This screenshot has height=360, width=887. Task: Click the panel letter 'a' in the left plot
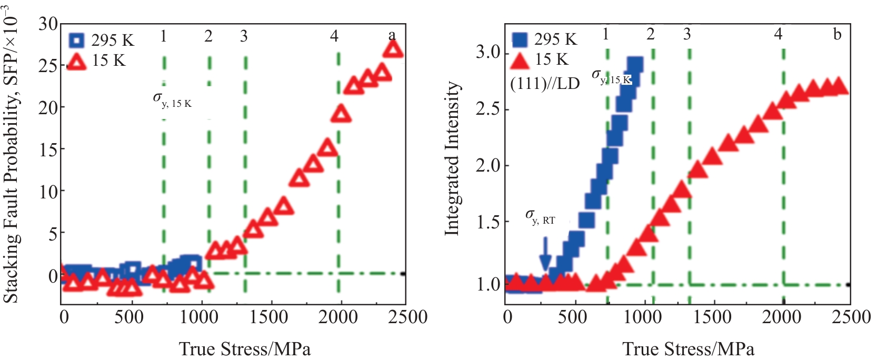[x=392, y=36]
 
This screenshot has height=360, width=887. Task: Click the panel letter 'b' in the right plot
[x=837, y=35]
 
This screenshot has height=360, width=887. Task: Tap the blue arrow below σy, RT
[x=545, y=253]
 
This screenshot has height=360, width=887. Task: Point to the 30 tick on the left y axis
[x=48, y=24]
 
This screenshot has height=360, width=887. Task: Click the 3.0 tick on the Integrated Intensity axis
[x=488, y=53]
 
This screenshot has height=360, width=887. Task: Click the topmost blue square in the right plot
[x=635, y=65]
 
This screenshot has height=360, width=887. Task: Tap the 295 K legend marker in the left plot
[x=77, y=40]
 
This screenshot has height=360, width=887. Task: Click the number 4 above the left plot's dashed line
[x=334, y=36]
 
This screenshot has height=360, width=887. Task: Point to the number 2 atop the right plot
[x=651, y=35]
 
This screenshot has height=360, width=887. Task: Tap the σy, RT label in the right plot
[x=540, y=217]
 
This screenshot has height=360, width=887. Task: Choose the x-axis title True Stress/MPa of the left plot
[x=245, y=349]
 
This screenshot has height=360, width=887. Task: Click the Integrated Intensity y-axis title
[x=452, y=158]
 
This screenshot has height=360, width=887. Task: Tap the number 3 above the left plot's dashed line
[x=244, y=36]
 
